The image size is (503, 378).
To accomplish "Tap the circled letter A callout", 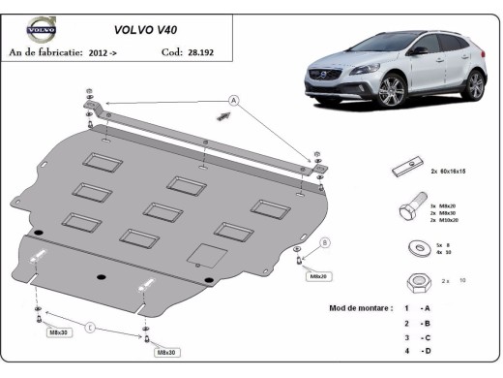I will pos(233,100).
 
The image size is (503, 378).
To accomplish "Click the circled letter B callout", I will pos(325,242).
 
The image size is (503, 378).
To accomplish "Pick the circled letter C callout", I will pos(89,329).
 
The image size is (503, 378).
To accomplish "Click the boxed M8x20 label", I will pos(318,276).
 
